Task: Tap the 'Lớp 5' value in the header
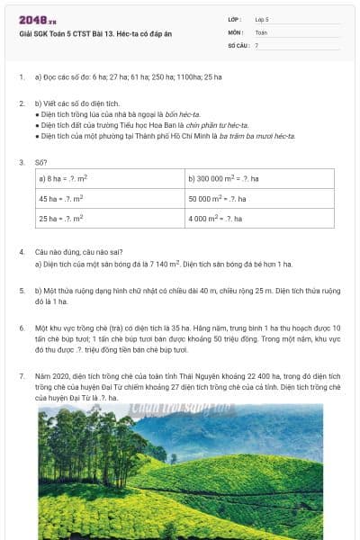coord(262,19)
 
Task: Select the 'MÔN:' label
coord(235,31)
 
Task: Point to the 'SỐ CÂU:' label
coord(238,44)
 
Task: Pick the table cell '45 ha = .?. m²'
coord(60,198)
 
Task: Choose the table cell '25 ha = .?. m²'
coord(60,218)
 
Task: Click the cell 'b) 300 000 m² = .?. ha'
coord(223,179)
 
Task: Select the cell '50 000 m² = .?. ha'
coord(218,198)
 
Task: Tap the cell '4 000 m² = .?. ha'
coord(216,218)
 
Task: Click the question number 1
coord(22,77)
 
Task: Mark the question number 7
coord(22,373)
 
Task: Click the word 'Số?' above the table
coord(41,162)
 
